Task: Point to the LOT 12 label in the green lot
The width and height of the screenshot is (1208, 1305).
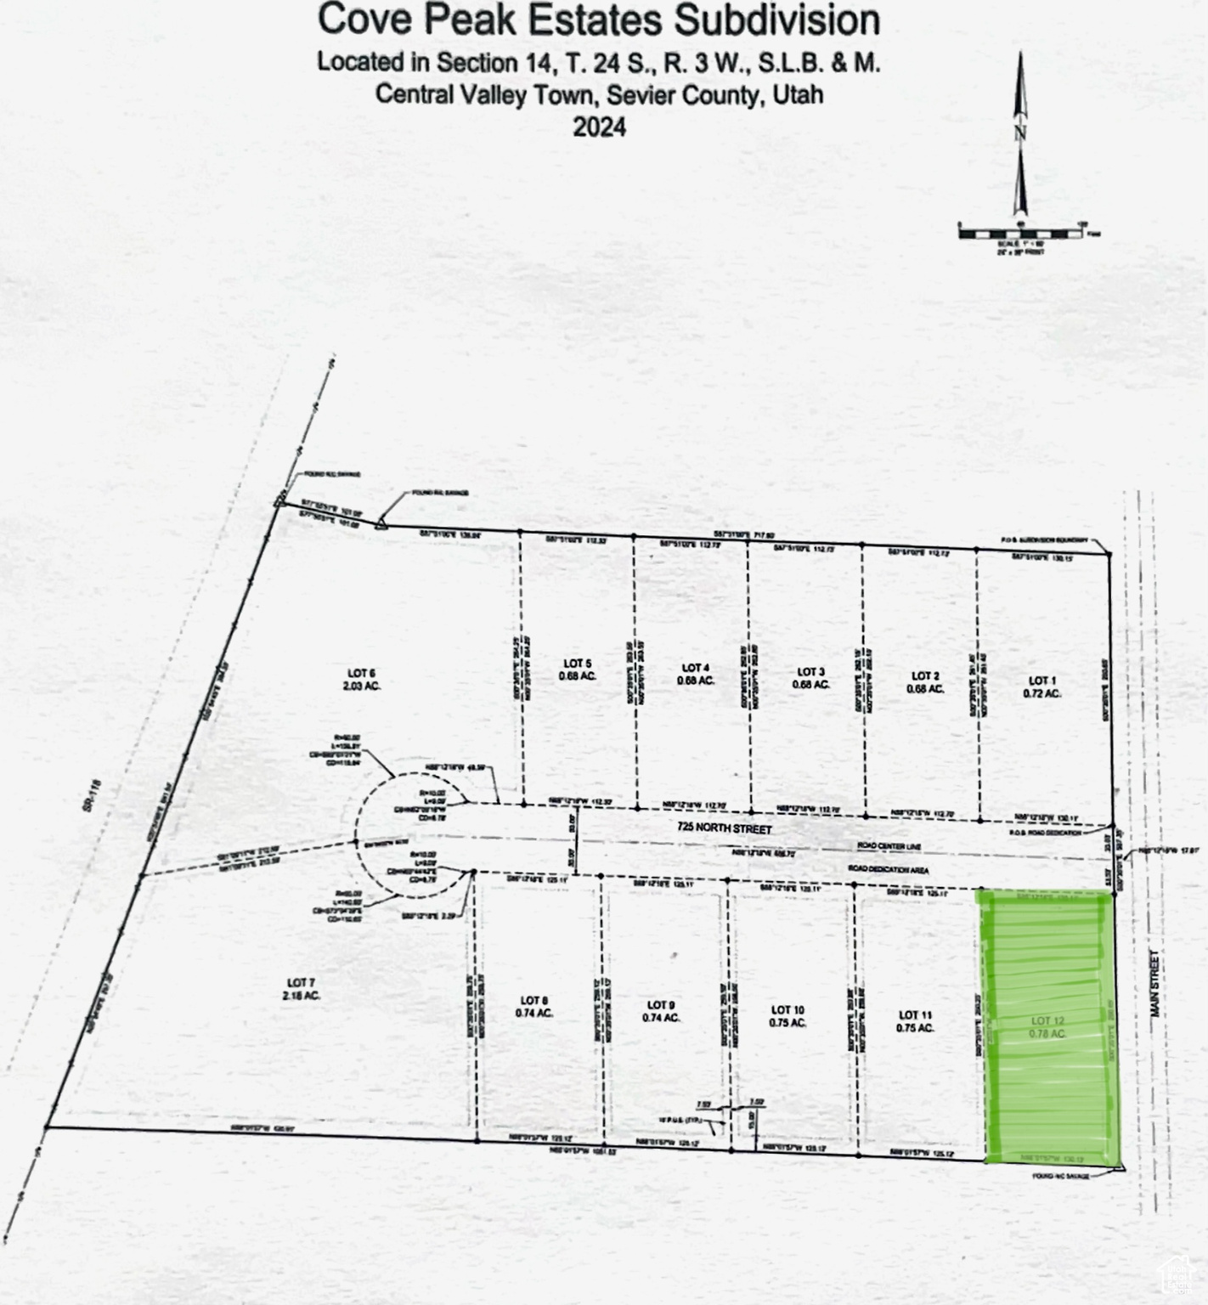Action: pos(1047,1020)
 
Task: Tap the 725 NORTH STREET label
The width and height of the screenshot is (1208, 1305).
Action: pos(725,828)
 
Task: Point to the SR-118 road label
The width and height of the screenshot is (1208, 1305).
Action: pos(93,796)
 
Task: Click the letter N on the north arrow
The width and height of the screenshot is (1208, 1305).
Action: pos(1020,133)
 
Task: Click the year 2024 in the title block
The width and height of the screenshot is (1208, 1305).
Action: pos(599,127)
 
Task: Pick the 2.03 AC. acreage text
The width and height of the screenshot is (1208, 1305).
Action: pos(361,686)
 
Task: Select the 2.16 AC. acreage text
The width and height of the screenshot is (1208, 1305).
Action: pos(302,995)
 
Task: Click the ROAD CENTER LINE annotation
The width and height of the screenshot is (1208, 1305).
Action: pos(889,847)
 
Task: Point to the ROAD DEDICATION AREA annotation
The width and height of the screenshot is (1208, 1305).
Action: pos(888,869)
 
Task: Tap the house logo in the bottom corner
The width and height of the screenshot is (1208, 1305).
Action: pos(1177,1274)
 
